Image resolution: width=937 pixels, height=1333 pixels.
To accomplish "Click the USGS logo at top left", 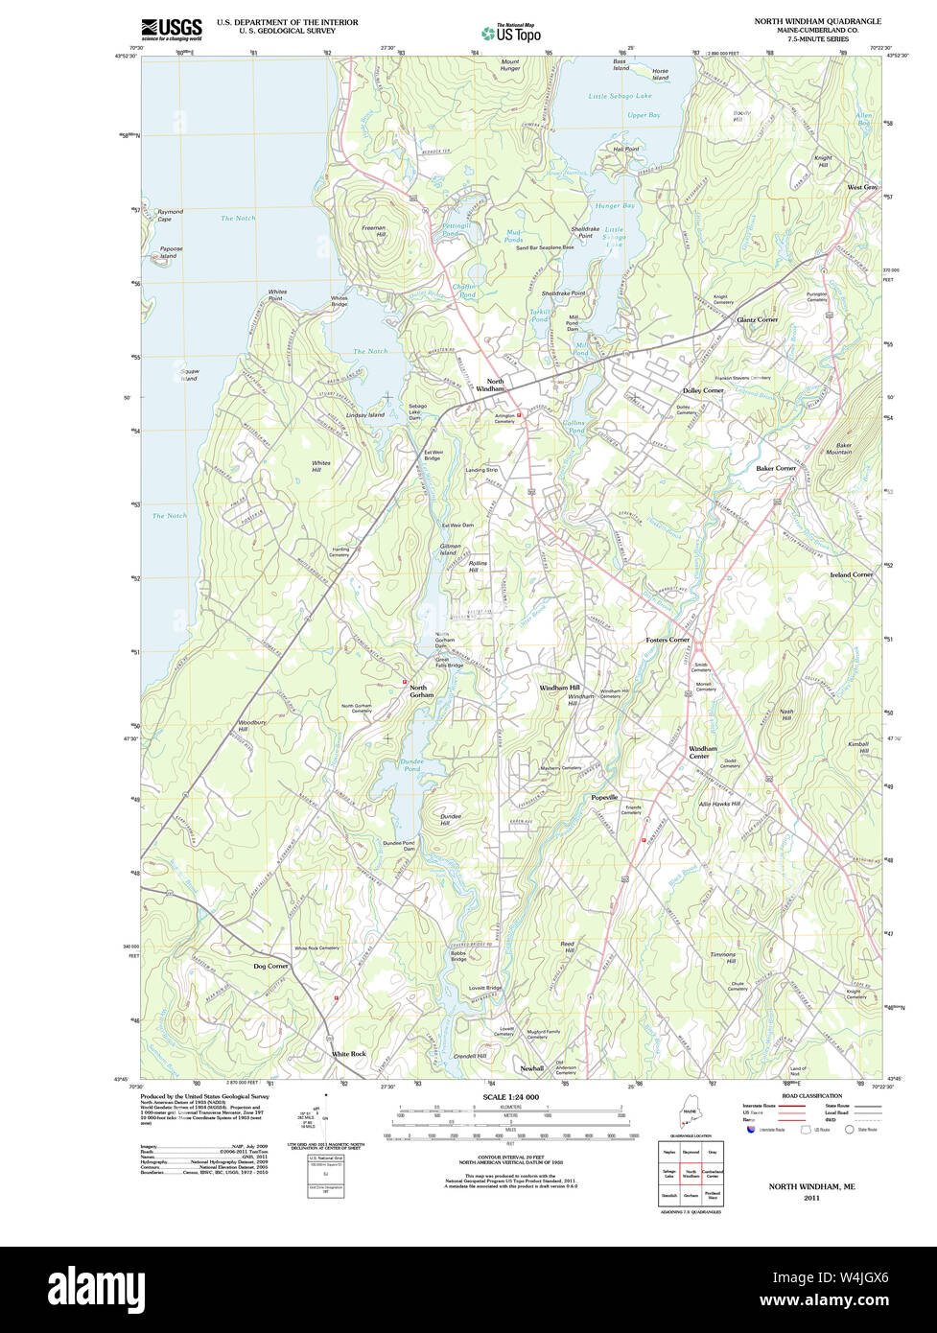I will point(172,29).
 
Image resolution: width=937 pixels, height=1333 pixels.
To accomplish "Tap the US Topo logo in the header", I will point(511,33).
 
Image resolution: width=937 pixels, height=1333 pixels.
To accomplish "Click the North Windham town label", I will point(495,385).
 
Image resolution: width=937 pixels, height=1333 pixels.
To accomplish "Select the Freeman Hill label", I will point(374,231).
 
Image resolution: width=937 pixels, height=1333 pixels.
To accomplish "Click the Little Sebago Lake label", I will point(620,96).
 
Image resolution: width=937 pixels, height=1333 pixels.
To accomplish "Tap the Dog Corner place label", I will point(270,966).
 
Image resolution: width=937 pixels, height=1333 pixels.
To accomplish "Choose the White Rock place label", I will point(349,1053).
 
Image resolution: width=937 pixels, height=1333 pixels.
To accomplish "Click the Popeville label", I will point(604,797).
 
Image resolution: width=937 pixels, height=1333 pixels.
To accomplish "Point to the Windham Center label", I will point(703,752).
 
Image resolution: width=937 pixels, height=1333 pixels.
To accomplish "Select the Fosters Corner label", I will point(668,639).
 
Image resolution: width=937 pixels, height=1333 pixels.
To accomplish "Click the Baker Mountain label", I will point(838,448).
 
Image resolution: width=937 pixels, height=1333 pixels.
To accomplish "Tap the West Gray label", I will point(861,187).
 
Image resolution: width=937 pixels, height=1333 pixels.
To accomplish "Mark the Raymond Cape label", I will point(170,215).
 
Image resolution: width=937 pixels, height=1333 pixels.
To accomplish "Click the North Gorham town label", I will point(422,690).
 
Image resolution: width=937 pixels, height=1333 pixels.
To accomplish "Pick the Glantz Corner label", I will point(757,318).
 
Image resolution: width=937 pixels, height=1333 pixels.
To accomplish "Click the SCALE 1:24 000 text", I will point(510,1096).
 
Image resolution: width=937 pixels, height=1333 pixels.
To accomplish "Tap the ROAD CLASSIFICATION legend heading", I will point(811,1095).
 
